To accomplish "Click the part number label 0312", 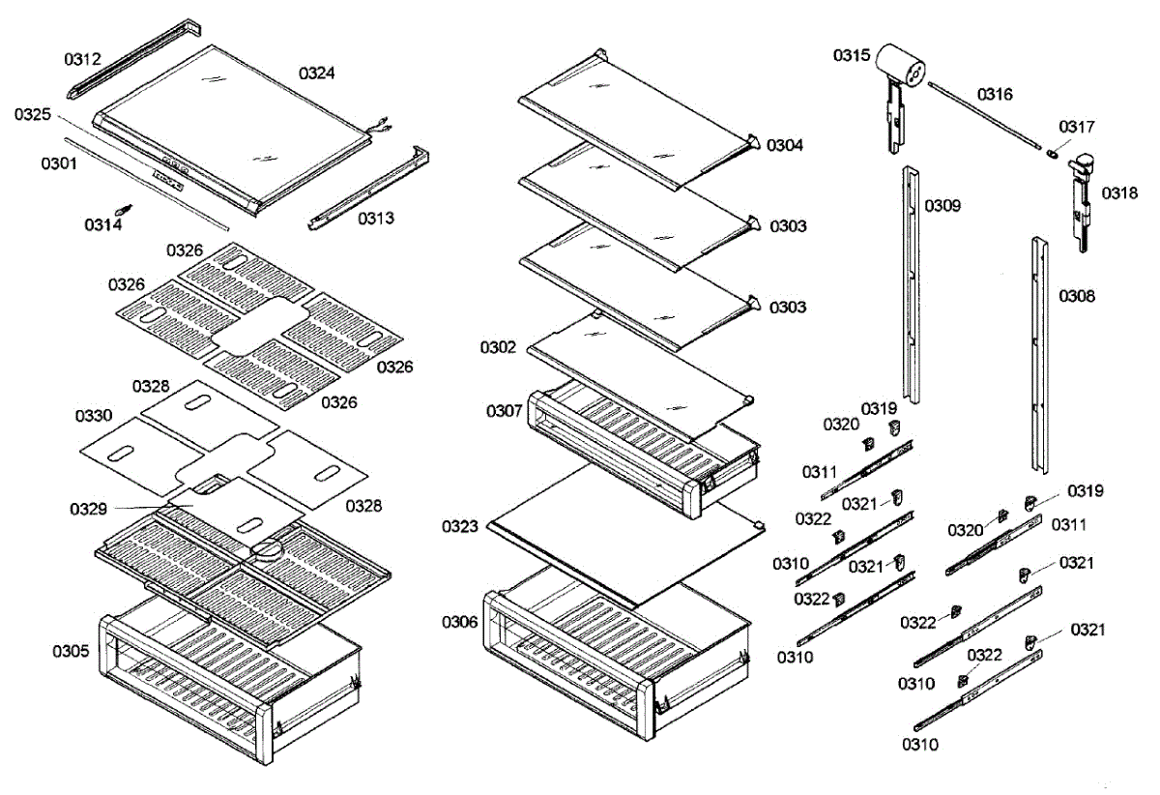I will point(83,59).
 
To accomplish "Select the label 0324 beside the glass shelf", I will point(317,73).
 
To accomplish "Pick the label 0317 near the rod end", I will point(1077,127).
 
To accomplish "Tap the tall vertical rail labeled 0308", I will point(1039,353).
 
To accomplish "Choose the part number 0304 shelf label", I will point(786,145).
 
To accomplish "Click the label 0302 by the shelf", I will point(499,346).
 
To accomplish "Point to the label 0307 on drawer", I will point(505,411).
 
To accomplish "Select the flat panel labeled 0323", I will point(619,532).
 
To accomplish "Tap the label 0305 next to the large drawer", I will point(72,651).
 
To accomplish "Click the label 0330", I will point(94,415).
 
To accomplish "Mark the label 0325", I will point(33,115).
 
